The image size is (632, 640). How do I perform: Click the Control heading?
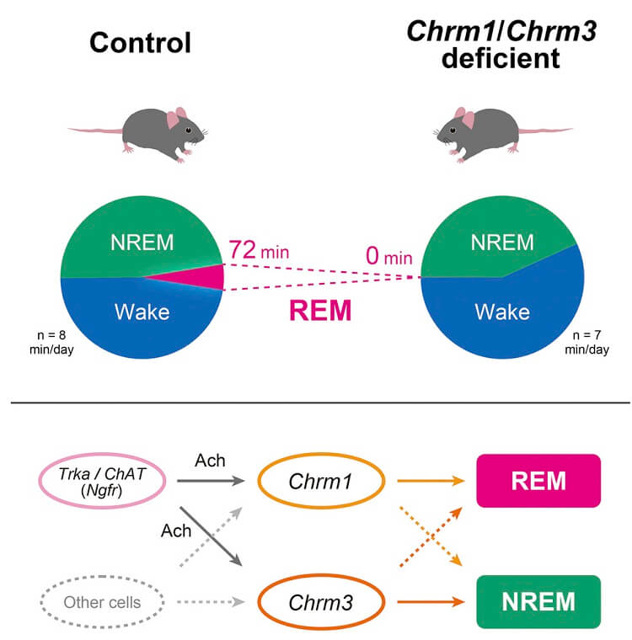[x=140, y=43]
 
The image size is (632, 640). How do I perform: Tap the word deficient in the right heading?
[x=501, y=58]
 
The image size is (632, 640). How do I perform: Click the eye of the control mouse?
[x=188, y=131]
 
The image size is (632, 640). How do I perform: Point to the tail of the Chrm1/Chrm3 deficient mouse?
[x=545, y=131]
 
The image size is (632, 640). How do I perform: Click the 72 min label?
[x=259, y=250]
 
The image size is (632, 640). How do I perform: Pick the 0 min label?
[x=388, y=256]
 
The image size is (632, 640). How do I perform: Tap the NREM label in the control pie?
[x=142, y=243]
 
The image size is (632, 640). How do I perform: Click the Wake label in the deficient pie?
[x=502, y=312]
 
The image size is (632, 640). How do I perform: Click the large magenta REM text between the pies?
[x=320, y=311]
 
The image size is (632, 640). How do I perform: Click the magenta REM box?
[x=538, y=481]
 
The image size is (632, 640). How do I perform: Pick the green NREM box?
[x=538, y=602]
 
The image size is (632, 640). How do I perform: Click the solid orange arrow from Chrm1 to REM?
[x=431, y=481]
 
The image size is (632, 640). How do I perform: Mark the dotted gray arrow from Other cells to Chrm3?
[x=211, y=601]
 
